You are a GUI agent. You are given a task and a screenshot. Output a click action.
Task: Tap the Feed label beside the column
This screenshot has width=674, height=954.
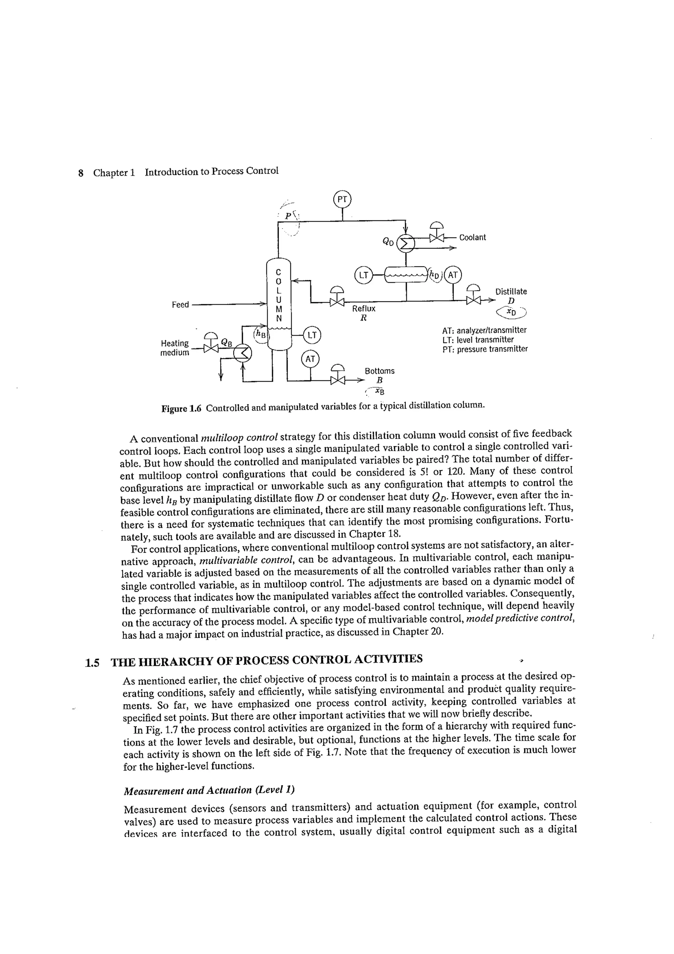coord(180,305)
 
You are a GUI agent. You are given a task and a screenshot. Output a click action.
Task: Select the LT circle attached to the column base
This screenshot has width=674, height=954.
coord(312,335)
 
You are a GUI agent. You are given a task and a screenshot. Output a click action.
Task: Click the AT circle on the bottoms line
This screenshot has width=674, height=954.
coord(310,359)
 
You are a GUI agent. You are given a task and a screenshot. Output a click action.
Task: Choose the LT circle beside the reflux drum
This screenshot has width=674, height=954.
coord(363,275)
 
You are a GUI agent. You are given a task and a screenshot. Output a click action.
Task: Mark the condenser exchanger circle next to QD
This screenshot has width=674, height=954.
coord(406,243)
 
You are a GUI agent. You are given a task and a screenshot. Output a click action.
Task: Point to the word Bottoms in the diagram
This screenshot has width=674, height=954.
coord(379,370)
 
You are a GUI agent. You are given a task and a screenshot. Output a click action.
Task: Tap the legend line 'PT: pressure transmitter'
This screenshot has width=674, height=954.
coord(485,349)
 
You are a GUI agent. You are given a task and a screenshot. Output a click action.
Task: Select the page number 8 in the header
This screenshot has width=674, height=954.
coord(81,173)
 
